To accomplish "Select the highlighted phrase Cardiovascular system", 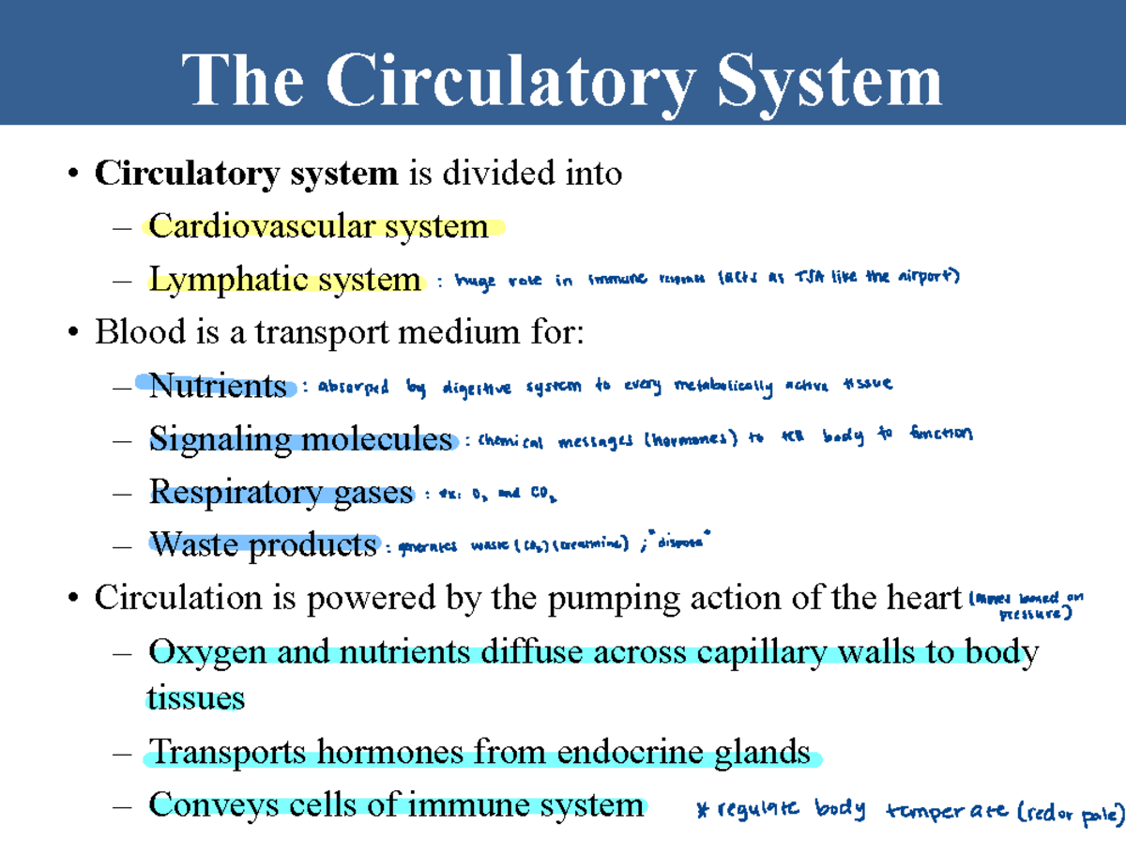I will tap(318, 226).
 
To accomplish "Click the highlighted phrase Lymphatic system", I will tap(284, 280).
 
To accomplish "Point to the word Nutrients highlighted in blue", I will tap(218, 386).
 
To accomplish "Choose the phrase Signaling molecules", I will tap(300, 438).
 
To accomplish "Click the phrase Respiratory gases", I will tap(281, 492).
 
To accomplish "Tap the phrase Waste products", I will tap(263, 544).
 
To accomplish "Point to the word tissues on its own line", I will tap(196, 697).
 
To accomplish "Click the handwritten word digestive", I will tap(476, 387).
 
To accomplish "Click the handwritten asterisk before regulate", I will tap(703, 809).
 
